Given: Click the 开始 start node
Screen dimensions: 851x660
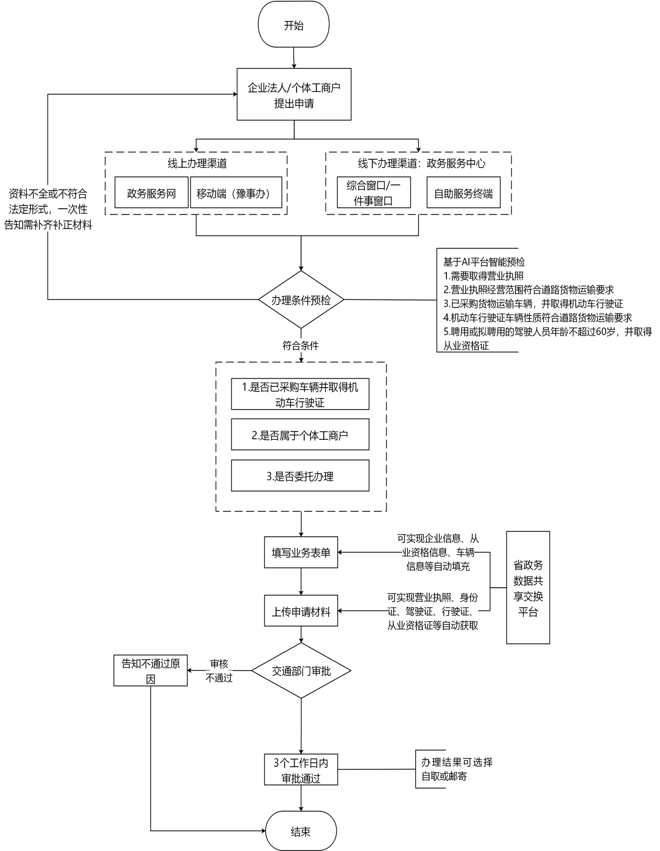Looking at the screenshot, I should (293, 25).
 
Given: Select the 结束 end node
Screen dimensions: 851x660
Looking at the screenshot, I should (301, 831).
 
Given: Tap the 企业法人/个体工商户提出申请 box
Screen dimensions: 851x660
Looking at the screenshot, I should (294, 95).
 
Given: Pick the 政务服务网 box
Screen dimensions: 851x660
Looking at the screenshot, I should (151, 193).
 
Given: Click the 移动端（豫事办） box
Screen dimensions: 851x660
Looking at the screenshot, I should (236, 193).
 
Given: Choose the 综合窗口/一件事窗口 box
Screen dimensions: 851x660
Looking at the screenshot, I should (374, 193).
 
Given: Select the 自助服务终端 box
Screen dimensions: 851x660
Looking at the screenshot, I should (463, 193).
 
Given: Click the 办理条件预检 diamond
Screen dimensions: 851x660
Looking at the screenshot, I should (301, 300).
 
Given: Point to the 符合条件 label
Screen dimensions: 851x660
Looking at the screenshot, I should (301, 346).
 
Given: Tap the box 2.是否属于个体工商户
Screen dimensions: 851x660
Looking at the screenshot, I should (300, 435).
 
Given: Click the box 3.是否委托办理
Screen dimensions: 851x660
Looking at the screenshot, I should (300, 476).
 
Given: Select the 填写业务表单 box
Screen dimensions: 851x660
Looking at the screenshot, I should (301, 553).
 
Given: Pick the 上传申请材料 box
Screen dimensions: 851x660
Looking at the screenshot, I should (301, 611).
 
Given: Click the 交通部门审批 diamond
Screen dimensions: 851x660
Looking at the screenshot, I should (301, 671).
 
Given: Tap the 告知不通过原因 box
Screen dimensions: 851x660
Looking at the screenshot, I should (150, 671).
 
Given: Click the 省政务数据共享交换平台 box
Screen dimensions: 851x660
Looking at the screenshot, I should (528, 588).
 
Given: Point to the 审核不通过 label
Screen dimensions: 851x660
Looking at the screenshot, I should (219, 671).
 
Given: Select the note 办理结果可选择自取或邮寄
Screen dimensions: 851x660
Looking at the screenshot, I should (456, 769).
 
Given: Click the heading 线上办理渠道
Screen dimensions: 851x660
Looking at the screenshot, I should (197, 163).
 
